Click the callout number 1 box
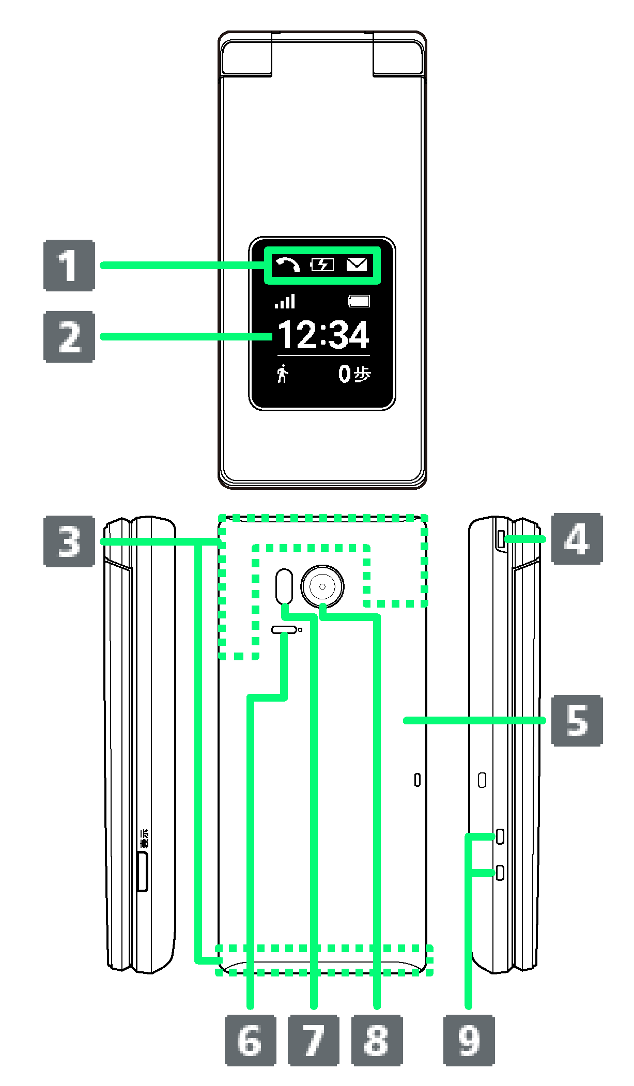pyautogui.click(x=69, y=266)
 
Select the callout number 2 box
pyautogui.click(x=69, y=336)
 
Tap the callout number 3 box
pyautogui.click(x=69, y=541)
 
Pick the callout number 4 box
pyautogui.click(x=577, y=539)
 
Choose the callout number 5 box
pyautogui.click(x=577, y=720)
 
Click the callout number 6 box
pyautogui.click(x=251, y=1040)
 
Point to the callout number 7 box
pyautogui.click(x=314, y=1040)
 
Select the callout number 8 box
pyautogui.click(x=377, y=1040)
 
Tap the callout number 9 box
pyautogui.click(x=469, y=1040)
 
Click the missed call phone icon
pyautogui.click(x=287, y=265)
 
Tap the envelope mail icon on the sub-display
pyautogui.click(x=357, y=265)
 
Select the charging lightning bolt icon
pyautogui.click(x=322, y=265)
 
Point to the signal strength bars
pyautogui.click(x=285, y=301)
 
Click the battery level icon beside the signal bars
pyautogui.click(x=359, y=301)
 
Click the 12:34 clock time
pyautogui.click(x=323, y=335)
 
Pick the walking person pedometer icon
pyautogui.click(x=283, y=373)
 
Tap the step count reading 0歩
pyautogui.click(x=354, y=374)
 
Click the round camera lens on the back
pyautogui.click(x=322, y=586)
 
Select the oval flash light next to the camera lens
pyautogui.click(x=284, y=586)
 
